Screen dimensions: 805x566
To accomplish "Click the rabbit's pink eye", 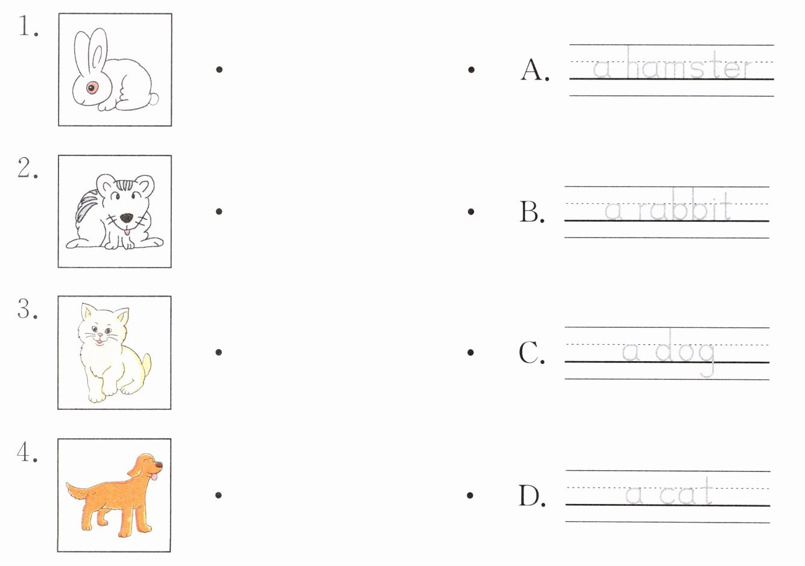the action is [x=92, y=87].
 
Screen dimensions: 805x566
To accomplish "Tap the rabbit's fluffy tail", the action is [x=153, y=98].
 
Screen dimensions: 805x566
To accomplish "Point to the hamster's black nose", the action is [x=127, y=218].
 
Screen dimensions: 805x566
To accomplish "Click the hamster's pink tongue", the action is [x=127, y=232].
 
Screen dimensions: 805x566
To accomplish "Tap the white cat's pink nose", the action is [x=100, y=335].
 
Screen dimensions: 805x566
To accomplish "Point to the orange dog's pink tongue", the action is [x=154, y=477].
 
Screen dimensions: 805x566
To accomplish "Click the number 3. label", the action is [x=27, y=309].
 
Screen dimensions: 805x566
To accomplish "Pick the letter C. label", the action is [x=531, y=352].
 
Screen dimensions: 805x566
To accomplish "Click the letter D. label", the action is [x=532, y=495].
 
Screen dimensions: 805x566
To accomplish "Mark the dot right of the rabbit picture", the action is [x=219, y=69].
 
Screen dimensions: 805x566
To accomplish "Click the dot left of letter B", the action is [x=471, y=211].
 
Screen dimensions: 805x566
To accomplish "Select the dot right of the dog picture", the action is [x=218, y=495].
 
